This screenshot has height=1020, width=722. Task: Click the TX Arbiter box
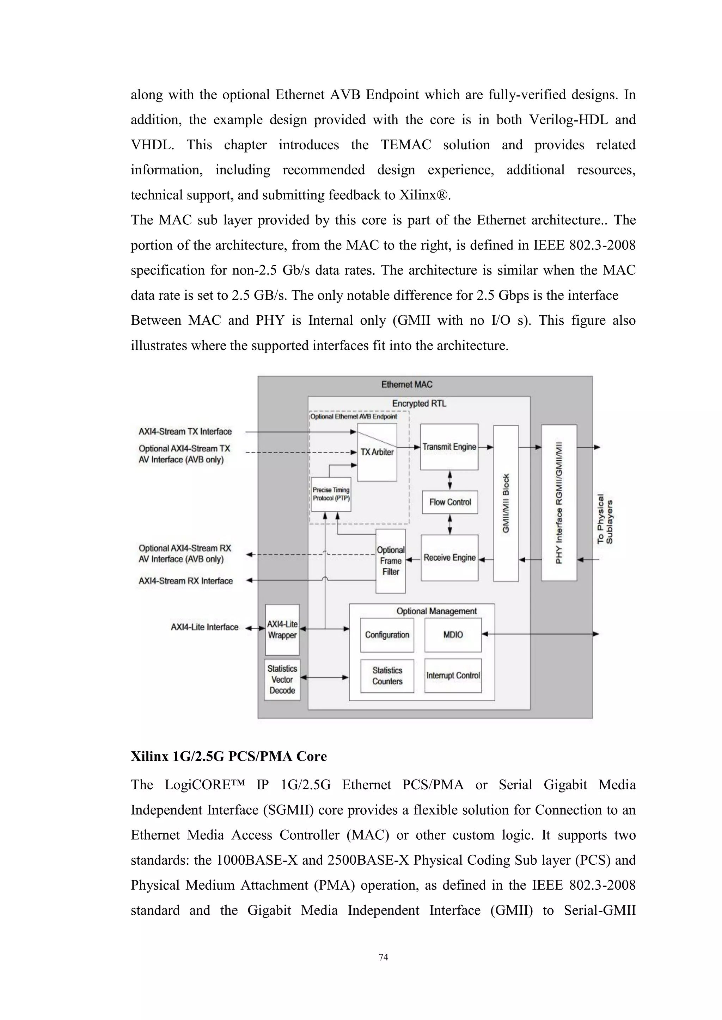pyautogui.click(x=377, y=452)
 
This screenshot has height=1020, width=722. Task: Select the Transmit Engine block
pyautogui.click(x=449, y=447)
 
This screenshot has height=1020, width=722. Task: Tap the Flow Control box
pyautogui.click(x=450, y=502)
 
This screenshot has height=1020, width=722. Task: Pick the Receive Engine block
pyautogui.click(x=449, y=558)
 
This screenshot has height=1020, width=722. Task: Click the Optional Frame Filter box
pyautogui.click(x=390, y=561)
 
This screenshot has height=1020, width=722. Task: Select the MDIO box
pyautogui.click(x=453, y=635)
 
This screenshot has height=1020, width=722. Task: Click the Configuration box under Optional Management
pyautogui.click(x=387, y=635)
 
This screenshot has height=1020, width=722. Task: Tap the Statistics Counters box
pyautogui.click(x=387, y=676)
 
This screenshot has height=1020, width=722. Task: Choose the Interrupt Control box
pyautogui.click(x=453, y=675)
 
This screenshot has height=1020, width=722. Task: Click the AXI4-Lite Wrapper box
pyautogui.click(x=282, y=629)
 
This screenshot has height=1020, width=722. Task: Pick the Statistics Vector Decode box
pyautogui.click(x=282, y=679)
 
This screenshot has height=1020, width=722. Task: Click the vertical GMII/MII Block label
pyautogui.click(x=506, y=503)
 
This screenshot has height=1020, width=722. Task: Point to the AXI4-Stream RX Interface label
pyautogui.click(x=185, y=581)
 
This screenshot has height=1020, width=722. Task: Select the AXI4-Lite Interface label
pyautogui.click(x=204, y=627)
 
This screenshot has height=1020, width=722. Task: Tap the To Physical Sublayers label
pyautogui.click(x=605, y=519)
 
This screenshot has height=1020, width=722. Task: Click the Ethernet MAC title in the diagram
pyautogui.click(x=406, y=385)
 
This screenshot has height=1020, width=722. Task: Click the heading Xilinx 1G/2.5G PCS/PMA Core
pyautogui.click(x=228, y=756)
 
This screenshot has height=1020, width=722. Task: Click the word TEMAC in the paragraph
pyautogui.click(x=405, y=145)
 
